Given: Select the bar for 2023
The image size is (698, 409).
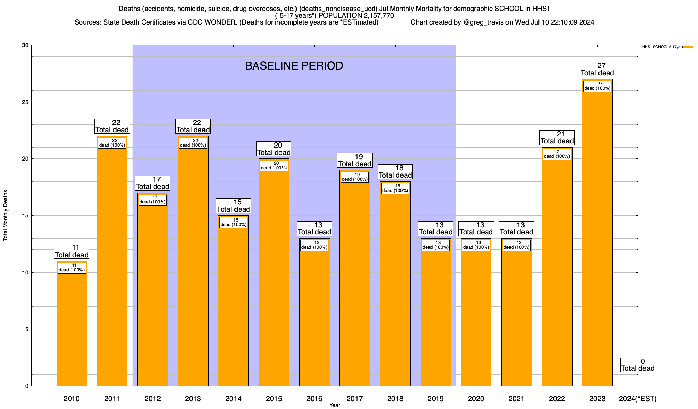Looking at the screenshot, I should click(x=597, y=239).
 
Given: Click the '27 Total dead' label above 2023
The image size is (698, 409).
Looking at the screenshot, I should click(x=597, y=70).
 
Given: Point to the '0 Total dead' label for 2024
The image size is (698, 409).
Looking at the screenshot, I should click(x=638, y=365).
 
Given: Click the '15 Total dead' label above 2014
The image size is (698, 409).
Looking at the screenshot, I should click(x=233, y=206).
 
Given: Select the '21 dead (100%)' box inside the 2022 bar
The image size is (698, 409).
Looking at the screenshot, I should click(x=557, y=154).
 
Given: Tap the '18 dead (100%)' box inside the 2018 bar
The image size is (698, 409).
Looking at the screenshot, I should click(x=395, y=188).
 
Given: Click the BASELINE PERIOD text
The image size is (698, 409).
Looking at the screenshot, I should click(x=294, y=66).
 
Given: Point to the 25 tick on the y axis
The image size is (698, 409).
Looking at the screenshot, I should click(x=25, y=102).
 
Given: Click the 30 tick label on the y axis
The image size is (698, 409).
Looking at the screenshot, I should click(x=25, y=45).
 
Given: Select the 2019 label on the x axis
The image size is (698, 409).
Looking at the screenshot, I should click(x=436, y=399).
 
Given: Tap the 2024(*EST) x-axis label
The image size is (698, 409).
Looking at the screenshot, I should click(x=637, y=399).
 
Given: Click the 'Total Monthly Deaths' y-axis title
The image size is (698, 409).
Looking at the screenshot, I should click(x=5, y=215).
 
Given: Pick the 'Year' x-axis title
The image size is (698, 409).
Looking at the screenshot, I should click(x=335, y=405).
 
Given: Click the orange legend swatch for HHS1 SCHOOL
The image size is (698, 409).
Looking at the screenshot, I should click(x=687, y=47).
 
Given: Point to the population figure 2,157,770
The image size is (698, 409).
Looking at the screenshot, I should click(x=374, y=16).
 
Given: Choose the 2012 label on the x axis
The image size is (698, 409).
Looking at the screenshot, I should click(x=152, y=399).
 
